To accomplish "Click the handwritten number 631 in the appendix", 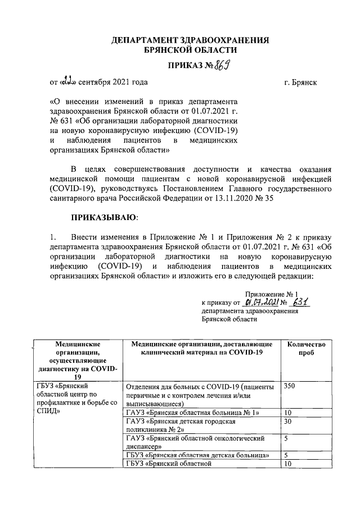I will (x=303, y=302).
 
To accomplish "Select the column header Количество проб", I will (x=306, y=349).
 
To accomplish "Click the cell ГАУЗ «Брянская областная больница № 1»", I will (x=193, y=413).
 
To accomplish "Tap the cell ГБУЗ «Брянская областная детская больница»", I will (x=201, y=455).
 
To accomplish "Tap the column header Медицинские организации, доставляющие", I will (x=201, y=344).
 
